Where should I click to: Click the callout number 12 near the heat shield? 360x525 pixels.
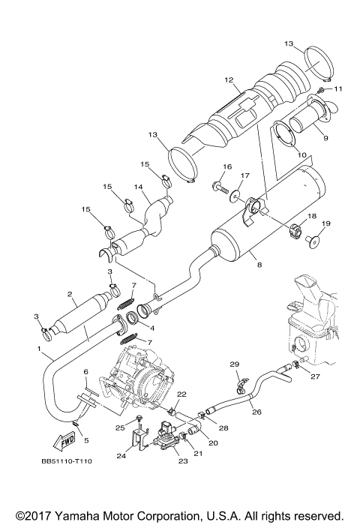[x=229, y=80]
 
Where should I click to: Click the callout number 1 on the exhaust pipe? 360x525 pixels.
[x=39, y=349]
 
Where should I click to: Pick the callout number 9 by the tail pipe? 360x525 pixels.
[x=325, y=138]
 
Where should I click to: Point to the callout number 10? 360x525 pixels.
[x=303, y=156]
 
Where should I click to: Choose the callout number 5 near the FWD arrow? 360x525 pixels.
[x=85, y=440]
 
